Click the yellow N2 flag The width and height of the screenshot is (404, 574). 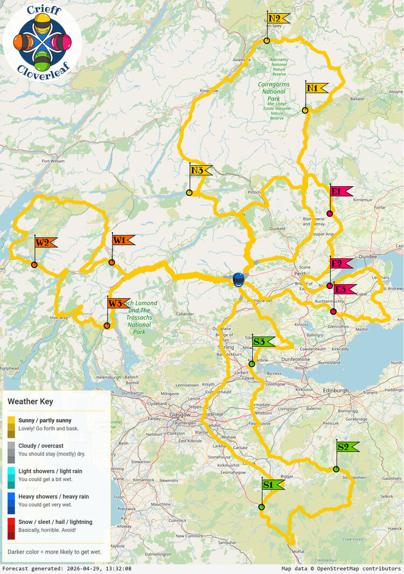tap(277, 19)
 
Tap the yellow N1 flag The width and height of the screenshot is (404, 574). tap(316, 88)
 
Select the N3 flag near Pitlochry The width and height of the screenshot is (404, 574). tap(200, 171)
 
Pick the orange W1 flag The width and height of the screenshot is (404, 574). tap(122, 240)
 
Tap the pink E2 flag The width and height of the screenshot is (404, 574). tap(340, 264)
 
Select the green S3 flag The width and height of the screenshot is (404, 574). tap(262, 342)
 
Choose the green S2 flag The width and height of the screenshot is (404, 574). tap(346, 447)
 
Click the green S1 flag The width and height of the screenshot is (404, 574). tap(272, 485)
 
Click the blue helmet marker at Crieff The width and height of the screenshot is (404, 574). tap(238, 279)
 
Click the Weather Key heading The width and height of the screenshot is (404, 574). tap(30, 401)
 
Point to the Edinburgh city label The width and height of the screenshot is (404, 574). tap(337, 391)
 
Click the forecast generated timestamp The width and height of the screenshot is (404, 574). tap(67, 569)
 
